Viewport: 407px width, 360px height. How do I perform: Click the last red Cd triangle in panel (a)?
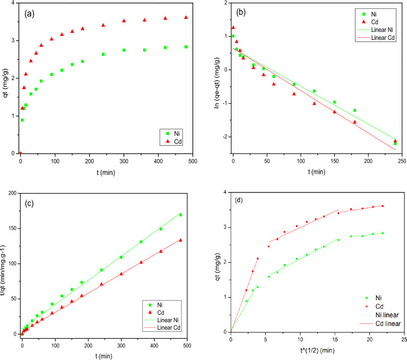pyautogui.click(x=185, y=17)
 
